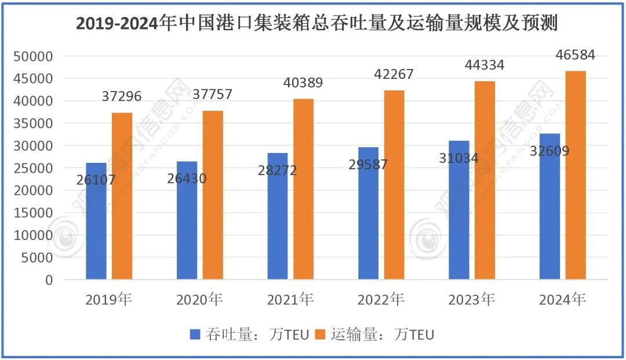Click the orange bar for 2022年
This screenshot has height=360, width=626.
[x=394, y=185]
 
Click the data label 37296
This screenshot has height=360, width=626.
[x=122, y=96]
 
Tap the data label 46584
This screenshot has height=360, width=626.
[x=575, y=55]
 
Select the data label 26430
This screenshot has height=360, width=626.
[x=187, y=179]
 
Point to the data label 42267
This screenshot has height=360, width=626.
[x=394, y=74]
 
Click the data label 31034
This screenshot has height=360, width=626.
[x=459, y=157]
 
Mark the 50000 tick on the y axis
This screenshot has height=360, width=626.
[x=34, y=56]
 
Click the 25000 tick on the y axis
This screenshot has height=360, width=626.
[x=34, y=168]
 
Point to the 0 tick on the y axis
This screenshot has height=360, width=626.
[x=49, y=280]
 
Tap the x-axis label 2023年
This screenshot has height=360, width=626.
[x=471, y=300]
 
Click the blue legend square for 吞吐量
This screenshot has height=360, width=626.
[x=195, y=334]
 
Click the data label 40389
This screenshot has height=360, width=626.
[x=303, y=82]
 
